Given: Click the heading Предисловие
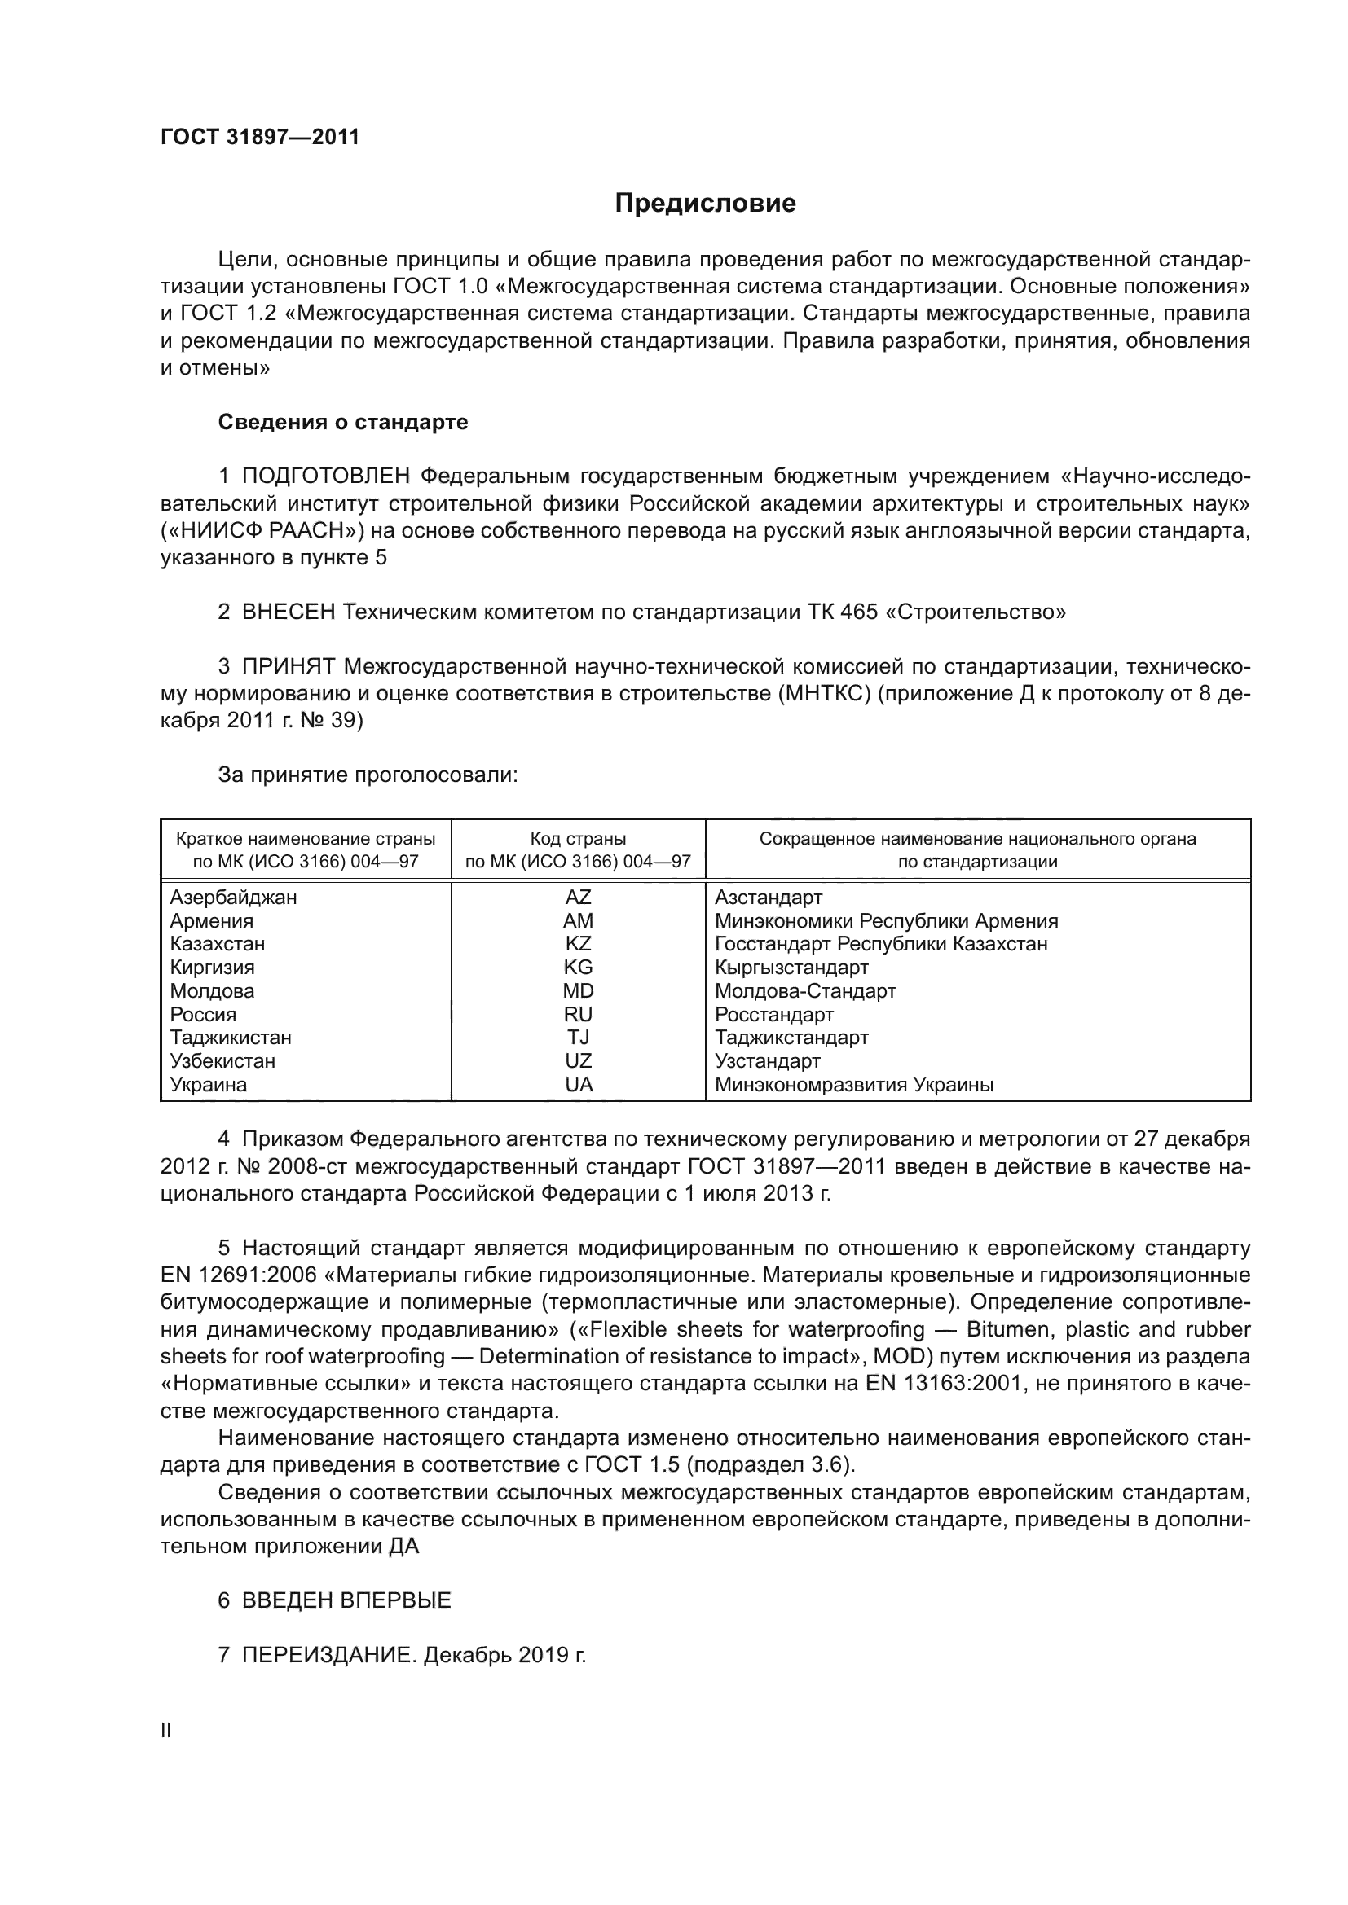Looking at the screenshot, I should tap(705, 204).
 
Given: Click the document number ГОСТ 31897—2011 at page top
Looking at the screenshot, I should tap(260, 137).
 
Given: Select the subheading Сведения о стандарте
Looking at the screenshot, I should tap(343, 423).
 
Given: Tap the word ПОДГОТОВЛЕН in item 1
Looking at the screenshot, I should tap(326, 476).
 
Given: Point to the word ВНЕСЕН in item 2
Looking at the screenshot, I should tap(289, 612).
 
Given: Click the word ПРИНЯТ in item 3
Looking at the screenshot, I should tap(288, 666).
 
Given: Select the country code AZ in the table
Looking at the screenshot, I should tap(578, 897).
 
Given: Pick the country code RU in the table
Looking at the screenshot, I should tap(578, 1015).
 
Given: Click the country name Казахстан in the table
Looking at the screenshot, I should tap(218, 944).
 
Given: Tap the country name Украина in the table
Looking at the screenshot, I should tap(209, 1085).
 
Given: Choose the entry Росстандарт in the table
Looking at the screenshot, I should tap(773, 1015).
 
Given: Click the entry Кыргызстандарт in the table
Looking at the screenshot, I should tap(791, 968).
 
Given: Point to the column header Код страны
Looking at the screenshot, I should tap(578, 839).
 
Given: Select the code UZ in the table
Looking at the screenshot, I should tap(578, 1061).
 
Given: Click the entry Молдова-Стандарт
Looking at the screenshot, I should tap(805, 991).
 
